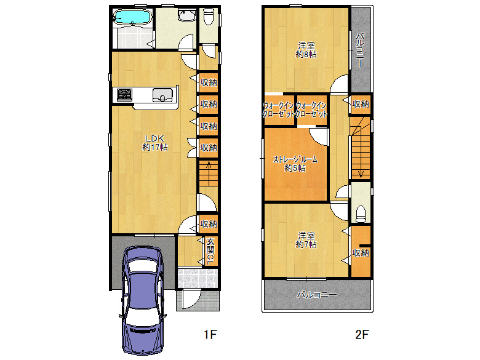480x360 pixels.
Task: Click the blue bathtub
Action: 132,17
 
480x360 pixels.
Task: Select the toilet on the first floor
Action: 209,17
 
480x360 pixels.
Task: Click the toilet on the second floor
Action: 361,214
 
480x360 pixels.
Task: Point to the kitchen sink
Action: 162,95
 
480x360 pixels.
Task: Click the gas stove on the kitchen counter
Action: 124,95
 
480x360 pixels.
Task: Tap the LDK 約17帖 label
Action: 155,143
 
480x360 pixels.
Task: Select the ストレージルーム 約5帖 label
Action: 295,164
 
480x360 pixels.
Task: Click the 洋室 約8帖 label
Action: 306,50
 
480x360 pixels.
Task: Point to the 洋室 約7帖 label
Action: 306,240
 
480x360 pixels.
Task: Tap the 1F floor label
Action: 210,334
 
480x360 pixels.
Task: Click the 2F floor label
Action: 362,334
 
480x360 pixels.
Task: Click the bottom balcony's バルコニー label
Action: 317,295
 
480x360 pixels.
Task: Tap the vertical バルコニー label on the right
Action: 360,50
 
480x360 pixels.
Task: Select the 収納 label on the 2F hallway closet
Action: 361,104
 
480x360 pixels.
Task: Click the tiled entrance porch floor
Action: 198,278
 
